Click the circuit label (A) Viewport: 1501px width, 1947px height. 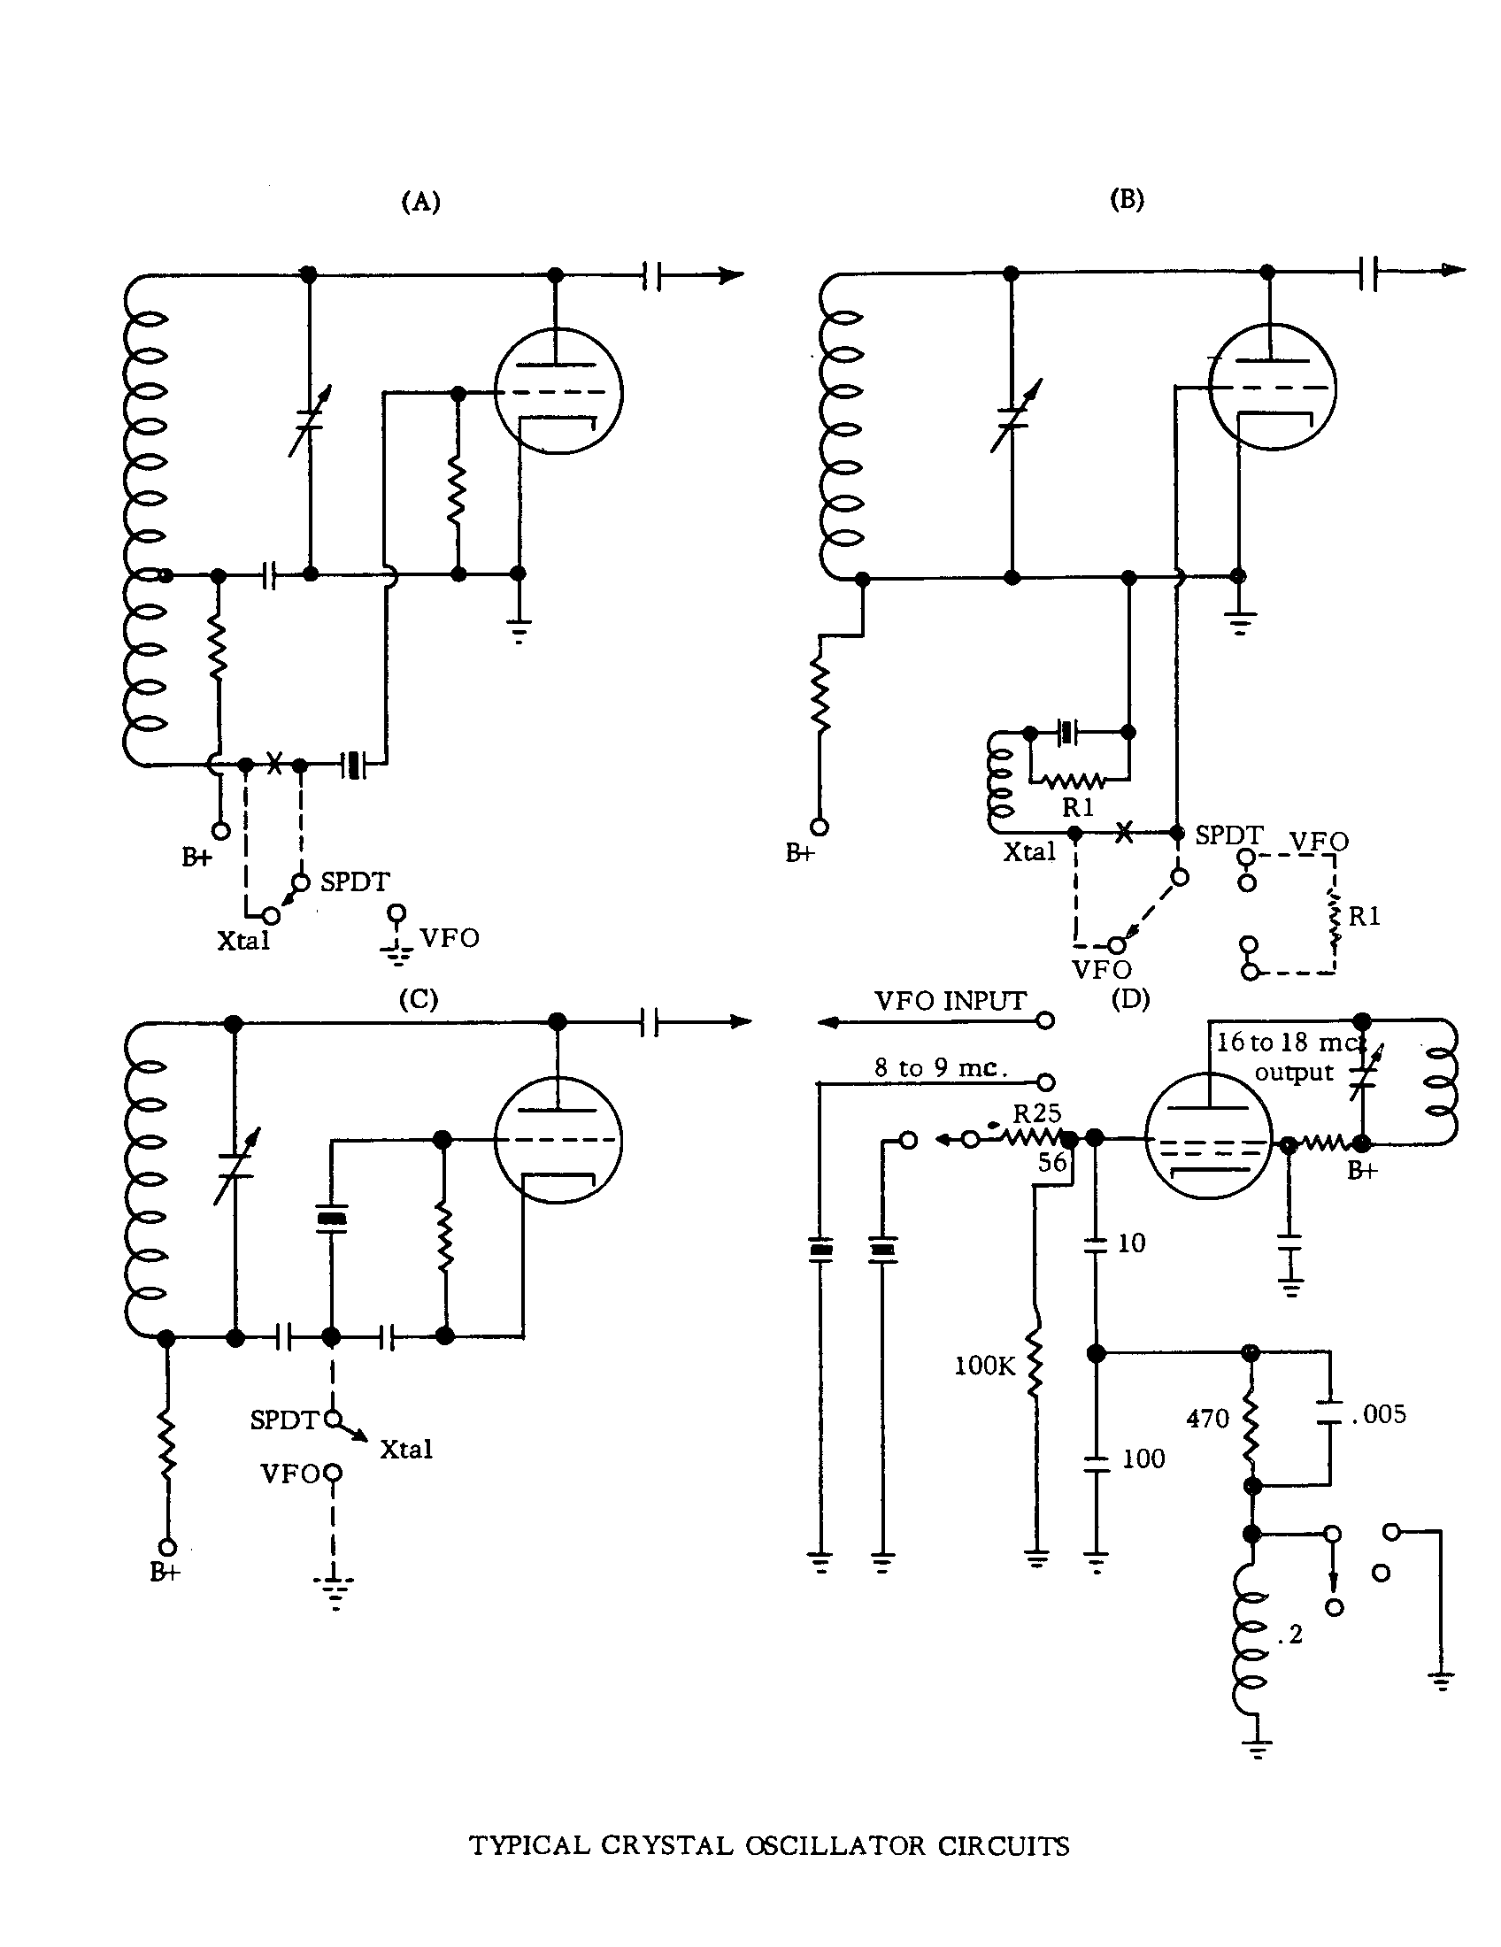click(420, 203)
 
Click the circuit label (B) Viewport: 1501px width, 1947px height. click(1127, 199)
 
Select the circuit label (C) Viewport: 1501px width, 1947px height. click(418, 999)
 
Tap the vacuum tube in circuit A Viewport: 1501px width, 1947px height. click(558, 392)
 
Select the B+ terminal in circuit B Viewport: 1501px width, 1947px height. click(819, 827)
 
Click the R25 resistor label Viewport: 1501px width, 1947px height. click(1036, 1113)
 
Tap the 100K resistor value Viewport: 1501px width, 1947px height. click(984, 1366)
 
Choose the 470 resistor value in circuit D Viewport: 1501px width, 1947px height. click(1207, 1419)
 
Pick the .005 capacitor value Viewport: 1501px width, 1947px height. click(1378, 1414)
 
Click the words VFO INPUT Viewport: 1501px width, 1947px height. click(951, 1001)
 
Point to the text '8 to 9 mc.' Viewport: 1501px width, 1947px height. click(941, 1068)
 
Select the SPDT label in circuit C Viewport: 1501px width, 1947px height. click(283, 1420)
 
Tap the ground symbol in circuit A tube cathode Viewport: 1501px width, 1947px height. click(518, 631)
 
